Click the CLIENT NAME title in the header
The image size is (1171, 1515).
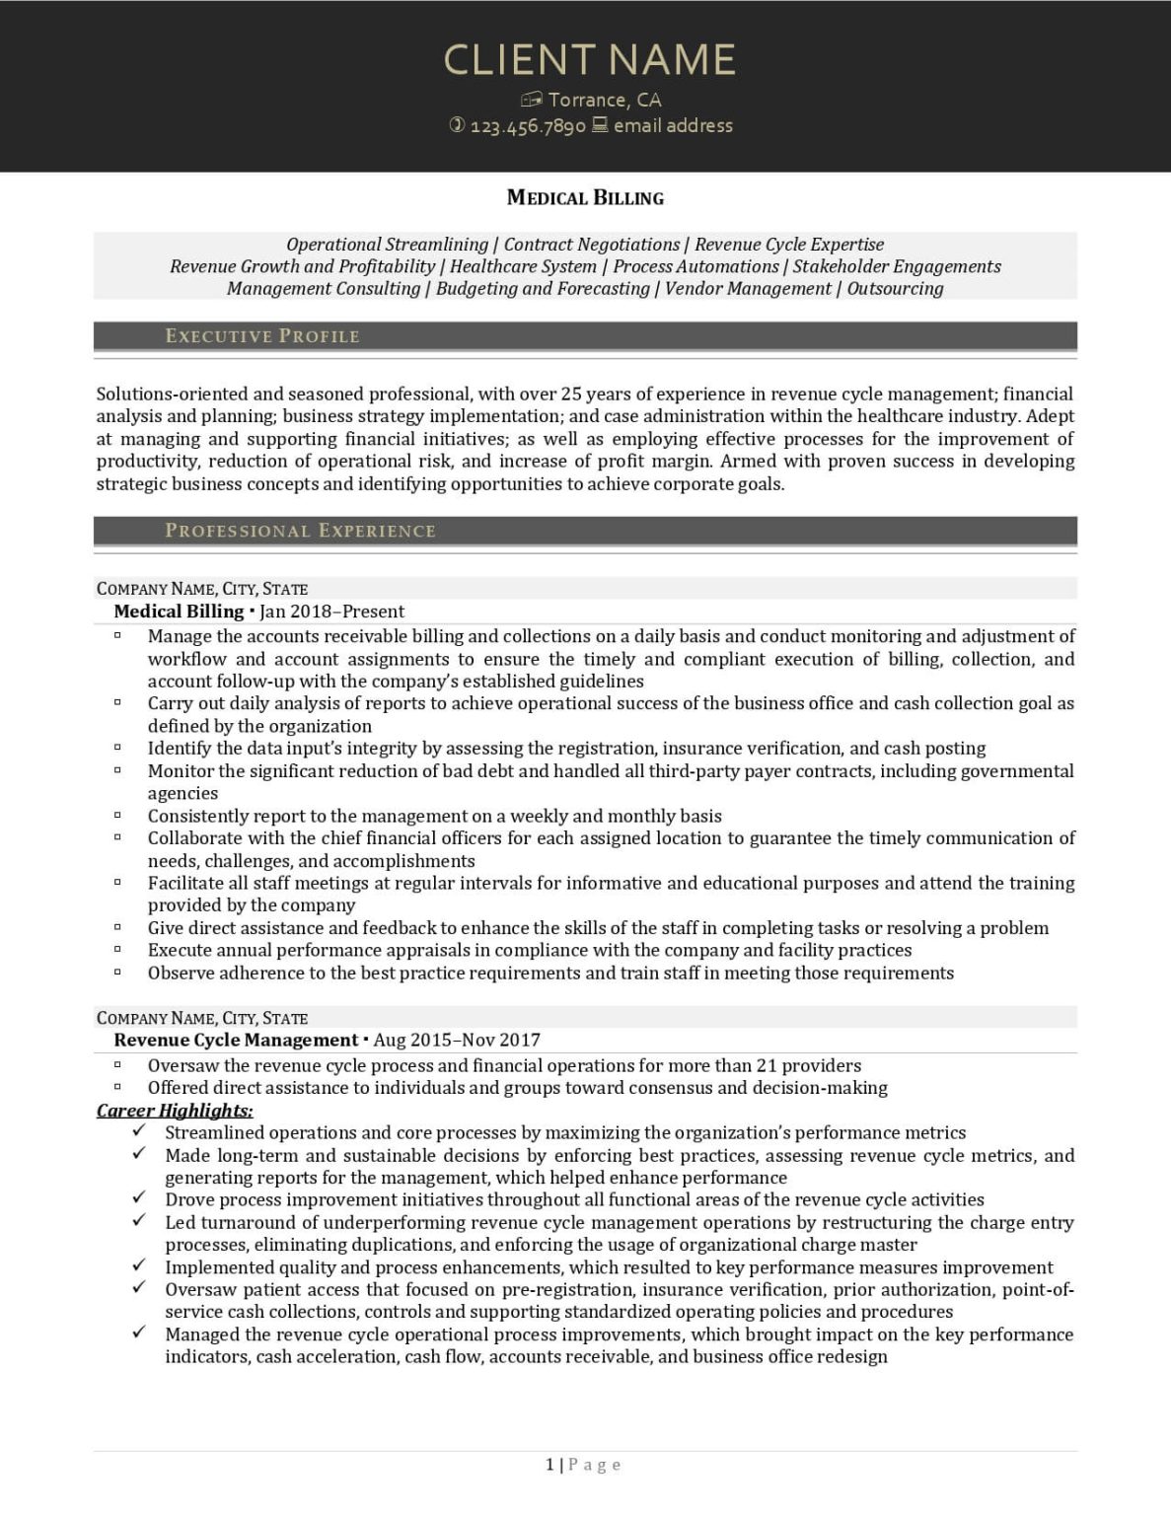pyautogui.click(x=589, y=59)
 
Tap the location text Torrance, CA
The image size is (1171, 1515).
pyautogui.click(x=605, y=100)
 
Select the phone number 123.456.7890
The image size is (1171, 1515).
pyautogui.click(x=528, y=126)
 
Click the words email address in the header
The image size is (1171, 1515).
pyautogui.click(x=673, y=125)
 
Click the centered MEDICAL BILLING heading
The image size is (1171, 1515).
pyautogui.click(x=585, y=197)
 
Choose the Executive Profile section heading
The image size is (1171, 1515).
pyautogui.click(x=262, y=336)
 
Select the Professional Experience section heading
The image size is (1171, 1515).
pyautogui.click(x=300, y=531)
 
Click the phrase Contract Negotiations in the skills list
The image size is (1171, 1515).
pyautogui.click(x=591, y=244)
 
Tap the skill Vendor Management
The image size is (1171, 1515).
pyautogui.click(x=748, y=288)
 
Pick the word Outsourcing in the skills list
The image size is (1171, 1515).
pyautogui.click(x=895, y=288)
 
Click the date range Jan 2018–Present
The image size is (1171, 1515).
pyautogui.click(x=332, y=612)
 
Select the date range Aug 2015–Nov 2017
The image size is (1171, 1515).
pyautogui.click(x=457, y=1040)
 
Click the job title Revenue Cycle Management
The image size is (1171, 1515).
pyautogui.click(x=236, y=1040)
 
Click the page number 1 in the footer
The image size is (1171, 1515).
pyautogui.click(x=549, y=1465)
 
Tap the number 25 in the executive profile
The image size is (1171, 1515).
pyautogui.click(x=571, y=394)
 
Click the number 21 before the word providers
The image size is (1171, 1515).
pyautogui.click(x=767, y=1065)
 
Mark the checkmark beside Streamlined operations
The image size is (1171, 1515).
pyautogui.click(x=139, y=1131)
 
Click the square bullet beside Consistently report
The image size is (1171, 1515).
pyautogui.click(x=117, y=816)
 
